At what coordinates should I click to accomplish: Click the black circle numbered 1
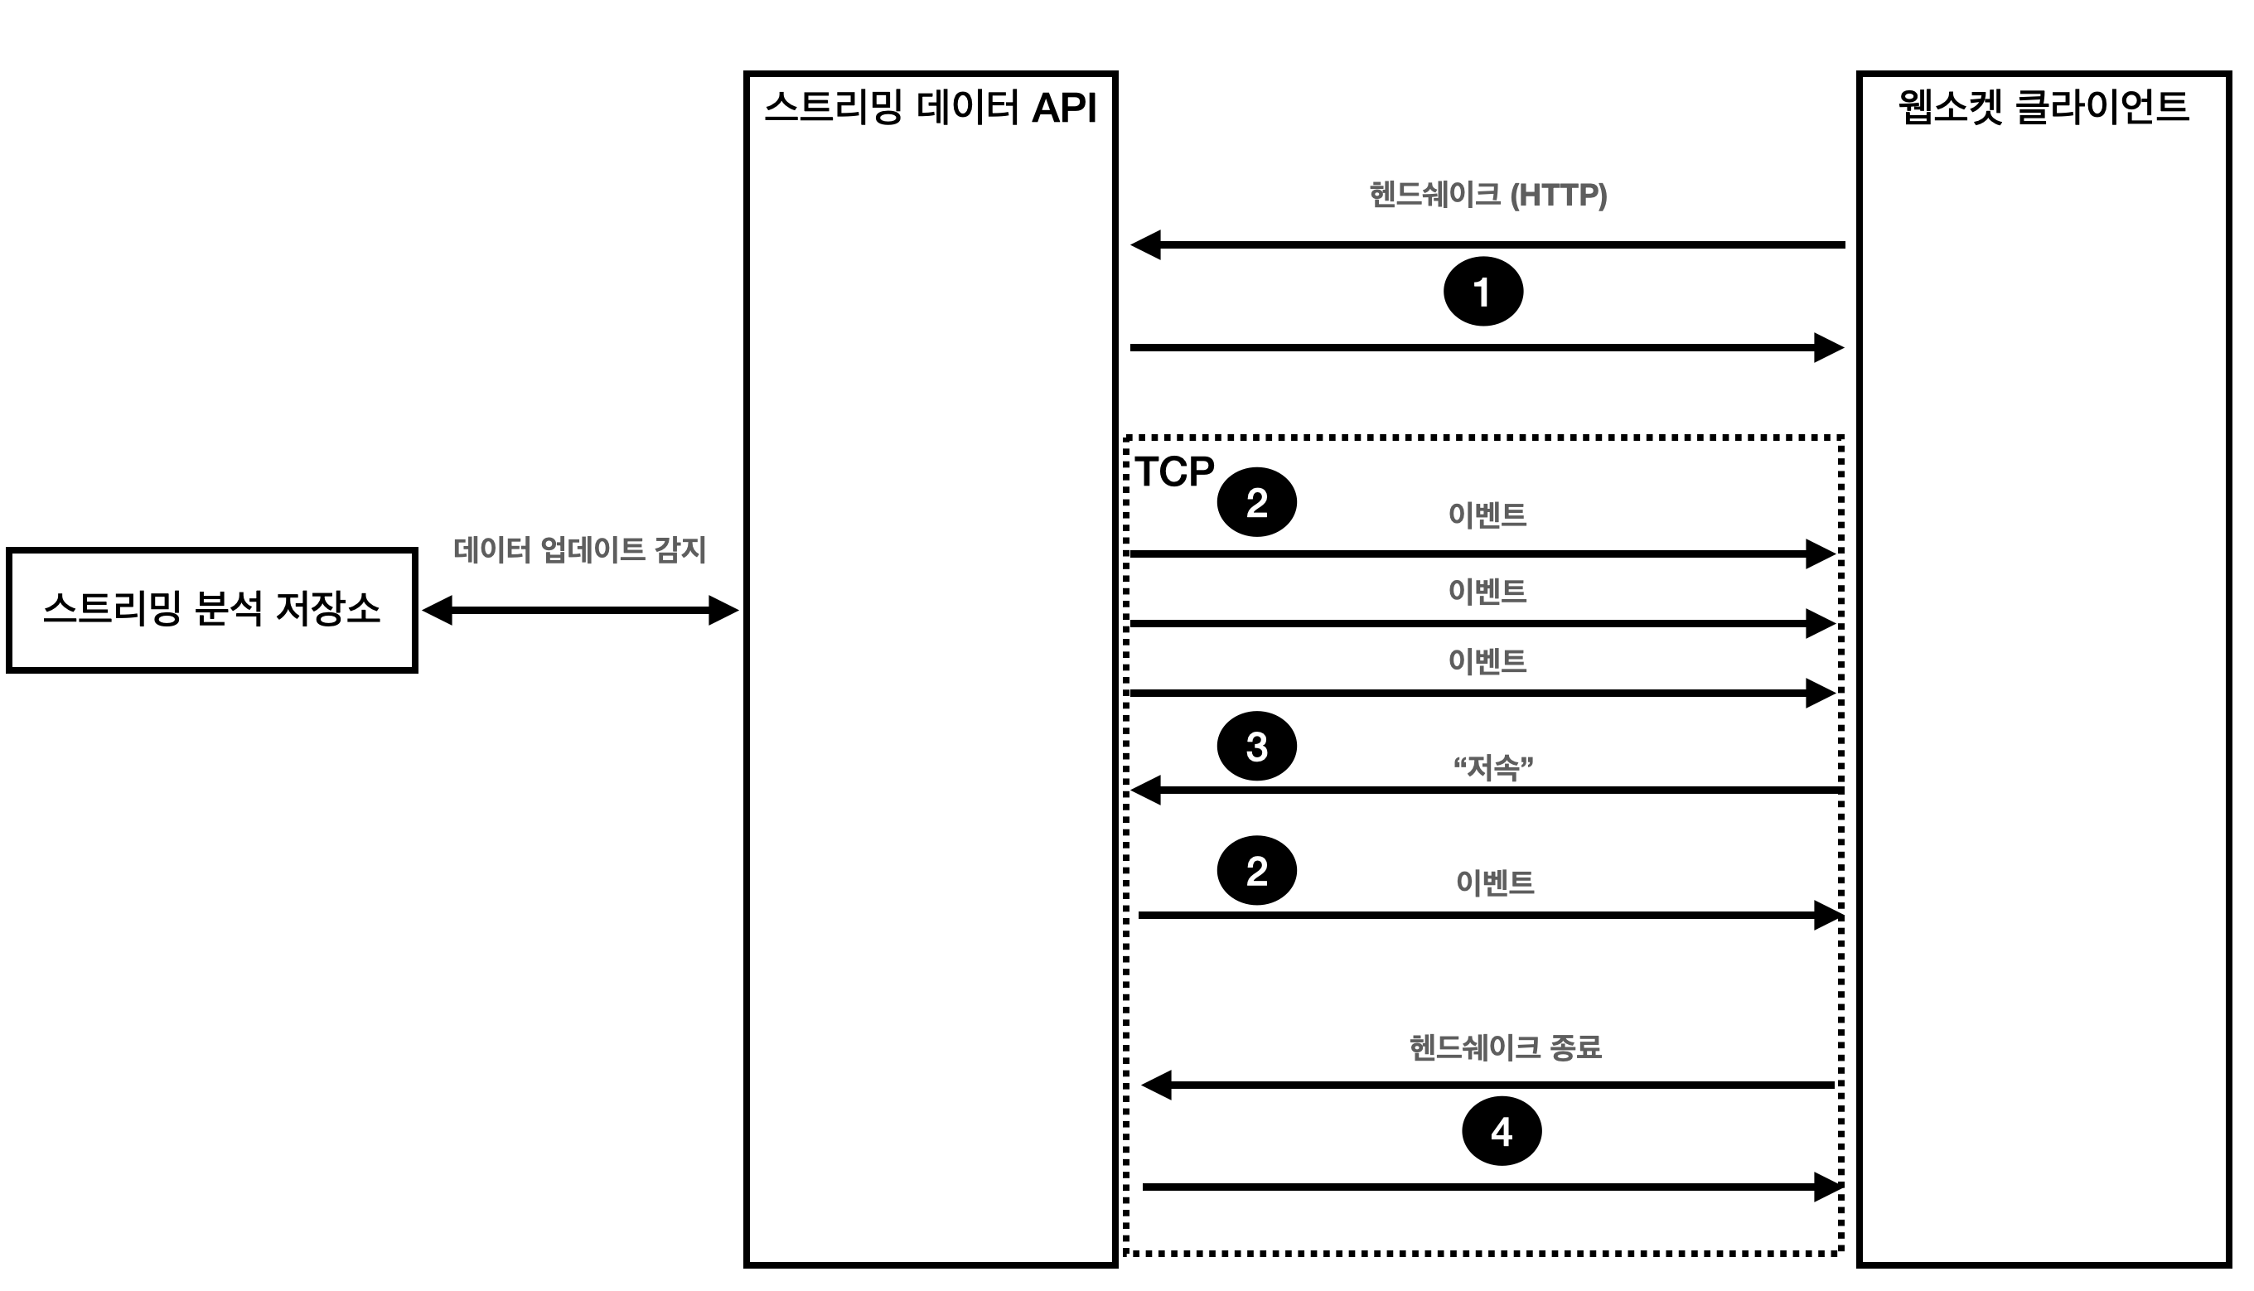(x=1483, y=292)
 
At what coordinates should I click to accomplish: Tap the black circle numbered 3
(x=1256, y=747)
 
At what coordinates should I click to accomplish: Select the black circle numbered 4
(x=1502, y=1131)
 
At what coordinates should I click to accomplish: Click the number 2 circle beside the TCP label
(x=1256, y=503)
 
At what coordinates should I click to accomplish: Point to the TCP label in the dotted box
(x=1174, y=471)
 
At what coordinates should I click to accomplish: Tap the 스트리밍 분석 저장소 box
(x=212, y=610)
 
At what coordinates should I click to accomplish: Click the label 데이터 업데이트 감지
(x=579, y=549)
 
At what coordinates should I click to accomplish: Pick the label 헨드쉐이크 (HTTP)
(x=1487, y=195)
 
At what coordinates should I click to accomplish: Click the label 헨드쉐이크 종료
(x=1505, y=1047)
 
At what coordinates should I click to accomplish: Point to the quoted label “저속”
(x=1493, y=767)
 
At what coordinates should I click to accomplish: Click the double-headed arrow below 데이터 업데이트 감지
(x=580, y=610)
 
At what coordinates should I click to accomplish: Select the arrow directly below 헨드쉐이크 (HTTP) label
(x=1487, y=244)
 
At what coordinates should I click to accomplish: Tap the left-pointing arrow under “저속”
(x=1487, y=789)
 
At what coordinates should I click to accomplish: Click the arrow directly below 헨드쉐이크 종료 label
(x=1487, y=1085)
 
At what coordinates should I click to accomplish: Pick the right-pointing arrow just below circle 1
(x=1487, y=347)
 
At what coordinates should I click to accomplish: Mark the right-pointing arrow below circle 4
(x=1493, y=1187)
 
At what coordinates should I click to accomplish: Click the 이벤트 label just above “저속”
(x=1487, y=661)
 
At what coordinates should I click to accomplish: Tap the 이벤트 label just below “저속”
(x=1494, y=882)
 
